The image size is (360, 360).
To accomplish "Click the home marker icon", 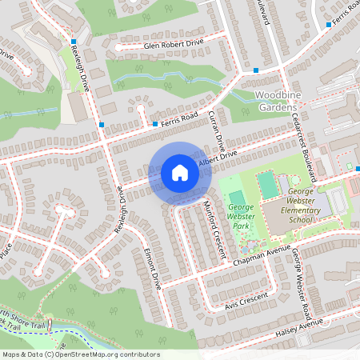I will [x=180, y=173].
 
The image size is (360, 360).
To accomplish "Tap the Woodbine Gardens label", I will [x=276, y=102].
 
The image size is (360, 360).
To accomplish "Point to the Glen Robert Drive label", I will [x=174, y=46].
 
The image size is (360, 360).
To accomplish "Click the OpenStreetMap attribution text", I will [x=80, y=354].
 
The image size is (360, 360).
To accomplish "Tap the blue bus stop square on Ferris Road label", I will [x=155, y=124].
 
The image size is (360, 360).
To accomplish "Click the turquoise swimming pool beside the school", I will [x=267, y=186].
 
